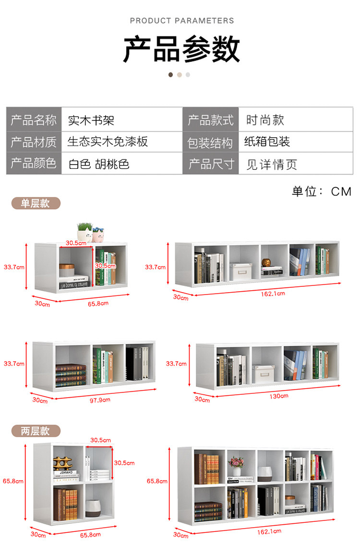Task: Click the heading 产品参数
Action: (x=181, y=49)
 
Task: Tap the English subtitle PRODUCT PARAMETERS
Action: (x=182, y=21)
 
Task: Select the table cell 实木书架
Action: (x=91, y=120)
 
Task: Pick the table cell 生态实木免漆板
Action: (x=108, y=142)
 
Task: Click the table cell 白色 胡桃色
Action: (x=99, y=164)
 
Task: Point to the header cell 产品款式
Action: (x=211, y=120)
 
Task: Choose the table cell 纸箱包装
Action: (x=267, y=142)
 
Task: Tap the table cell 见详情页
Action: (x=272, y=165)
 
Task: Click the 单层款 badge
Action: (x=36, y=203)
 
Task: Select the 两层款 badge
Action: (x=36, y=431)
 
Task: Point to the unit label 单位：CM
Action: (x=322, y=191)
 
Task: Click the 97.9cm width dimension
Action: (x=100, y=399)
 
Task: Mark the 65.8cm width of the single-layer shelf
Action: (x=98, y=303)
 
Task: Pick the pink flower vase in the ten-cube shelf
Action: (x=236, y=463)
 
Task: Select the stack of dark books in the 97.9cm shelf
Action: (x=71, y=375)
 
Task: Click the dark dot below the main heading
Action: (x=170, y=75)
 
